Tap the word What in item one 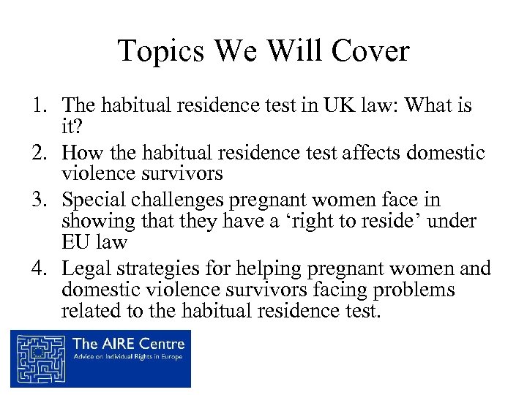429,107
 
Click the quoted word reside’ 388,221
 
